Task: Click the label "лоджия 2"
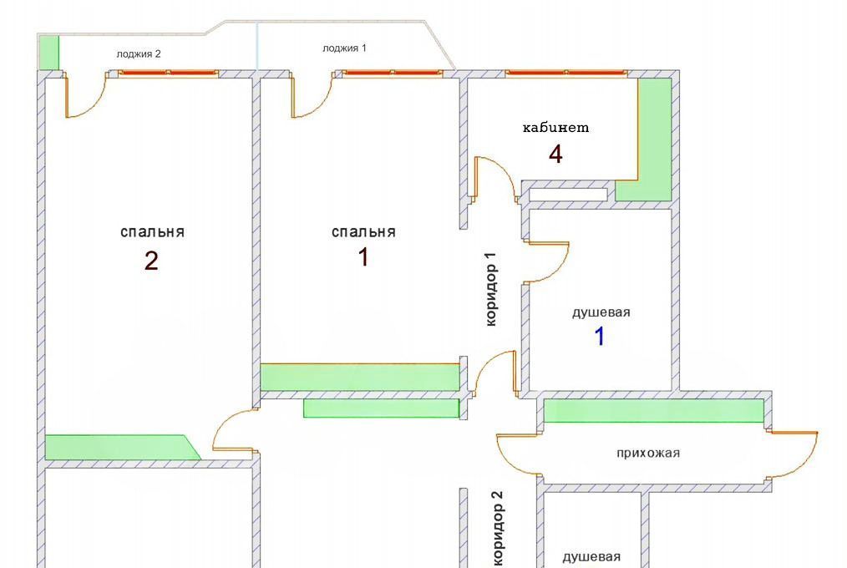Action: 139,54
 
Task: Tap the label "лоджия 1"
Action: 344,48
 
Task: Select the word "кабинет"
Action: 555,128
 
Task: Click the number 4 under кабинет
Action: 555,155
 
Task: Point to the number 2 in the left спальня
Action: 151,261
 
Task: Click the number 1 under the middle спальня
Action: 363,257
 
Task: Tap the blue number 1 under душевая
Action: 600,336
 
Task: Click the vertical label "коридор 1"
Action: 490,289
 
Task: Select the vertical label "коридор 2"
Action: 498,529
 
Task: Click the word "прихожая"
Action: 648,453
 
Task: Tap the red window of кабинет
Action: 566,73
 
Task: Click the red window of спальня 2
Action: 168,73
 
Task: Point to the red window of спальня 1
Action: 393,73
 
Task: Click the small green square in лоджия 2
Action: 49,53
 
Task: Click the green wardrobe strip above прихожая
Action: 653,410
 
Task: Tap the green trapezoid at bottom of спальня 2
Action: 122,448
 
